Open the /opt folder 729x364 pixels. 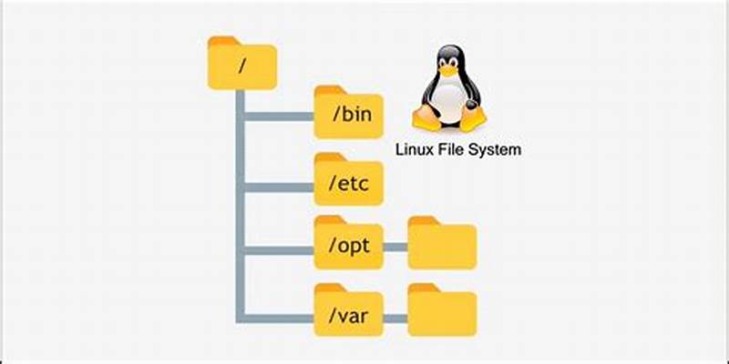click(348, 244)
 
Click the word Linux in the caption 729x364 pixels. click(413, 149)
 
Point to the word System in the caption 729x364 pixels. click(495, 149)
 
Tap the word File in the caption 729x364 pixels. click(451, 149)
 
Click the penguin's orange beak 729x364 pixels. click(448, 71)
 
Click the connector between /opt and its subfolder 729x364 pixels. click(395, 246)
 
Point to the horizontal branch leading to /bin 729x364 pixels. click(278, 116)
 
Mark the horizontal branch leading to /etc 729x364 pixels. click(278, 188)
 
